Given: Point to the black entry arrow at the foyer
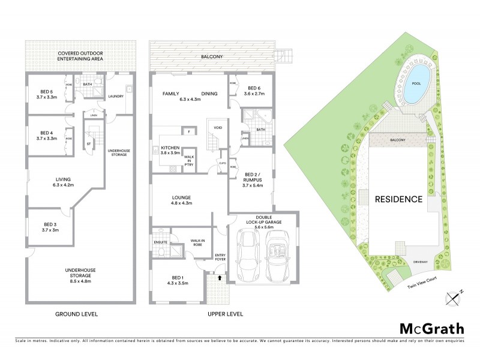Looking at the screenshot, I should [x=220, y=278].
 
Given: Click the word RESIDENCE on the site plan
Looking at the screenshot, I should [x=398, y=199].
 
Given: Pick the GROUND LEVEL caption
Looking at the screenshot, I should [x=78, y=314].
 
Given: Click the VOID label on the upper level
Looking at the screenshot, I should [x=215, y=127].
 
